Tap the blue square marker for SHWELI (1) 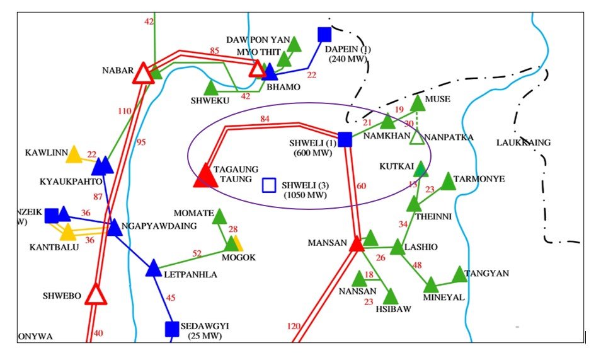[345, 139]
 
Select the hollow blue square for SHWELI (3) [269, 185]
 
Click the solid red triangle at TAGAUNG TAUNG [204, 177]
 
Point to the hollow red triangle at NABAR [144, 73]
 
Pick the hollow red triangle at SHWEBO [96, 294]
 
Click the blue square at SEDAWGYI [172, 328]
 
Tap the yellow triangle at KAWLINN [74, 154]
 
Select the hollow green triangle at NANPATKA [416, 137]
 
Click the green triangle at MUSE [418, 103]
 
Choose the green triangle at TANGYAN [460, 274]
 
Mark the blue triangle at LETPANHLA [154, 269]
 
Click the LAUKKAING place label [523, 142]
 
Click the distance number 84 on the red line [265, 119]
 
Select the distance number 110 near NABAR [125, 112]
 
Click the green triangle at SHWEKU [210, 88]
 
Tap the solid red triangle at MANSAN [357, 243]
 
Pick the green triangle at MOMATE [219, 218]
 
